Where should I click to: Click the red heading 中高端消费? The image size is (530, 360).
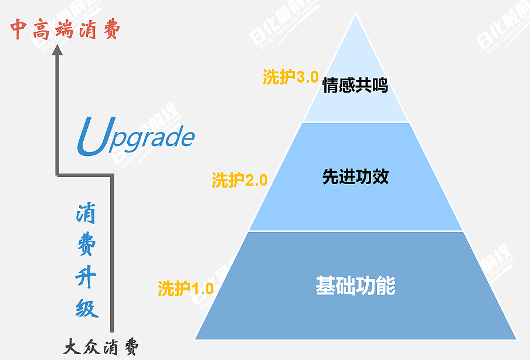65,29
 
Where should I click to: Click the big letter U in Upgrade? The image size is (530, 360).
91,137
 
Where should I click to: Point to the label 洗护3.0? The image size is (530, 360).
290,77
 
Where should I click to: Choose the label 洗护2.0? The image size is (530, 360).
239,180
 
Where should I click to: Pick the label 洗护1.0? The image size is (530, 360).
185,288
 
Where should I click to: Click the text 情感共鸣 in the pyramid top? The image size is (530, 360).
355,86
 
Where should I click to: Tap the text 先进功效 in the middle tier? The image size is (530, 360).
355,177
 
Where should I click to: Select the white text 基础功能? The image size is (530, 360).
355,286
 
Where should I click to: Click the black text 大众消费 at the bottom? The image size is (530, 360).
101,347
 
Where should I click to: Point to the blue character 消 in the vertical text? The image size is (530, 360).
86,216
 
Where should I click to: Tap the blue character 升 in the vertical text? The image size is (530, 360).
86,276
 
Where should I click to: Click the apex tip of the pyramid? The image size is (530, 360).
356,15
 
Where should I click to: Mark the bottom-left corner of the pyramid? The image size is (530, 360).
196,338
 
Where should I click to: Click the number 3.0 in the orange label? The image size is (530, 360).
307,77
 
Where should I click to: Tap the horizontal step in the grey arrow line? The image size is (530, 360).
84,175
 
